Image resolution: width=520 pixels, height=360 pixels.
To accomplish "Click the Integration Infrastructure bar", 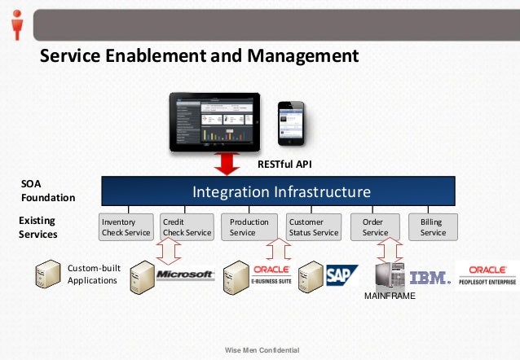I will point(281,192).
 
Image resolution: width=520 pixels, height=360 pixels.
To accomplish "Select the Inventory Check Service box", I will point(126,227).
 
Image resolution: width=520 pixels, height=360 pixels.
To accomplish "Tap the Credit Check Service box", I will point(187,227).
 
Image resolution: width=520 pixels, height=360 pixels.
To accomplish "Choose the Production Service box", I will point(250,227).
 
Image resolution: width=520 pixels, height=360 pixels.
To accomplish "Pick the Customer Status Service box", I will point(313,227).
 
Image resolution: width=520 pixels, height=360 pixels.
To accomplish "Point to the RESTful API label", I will point(284,165).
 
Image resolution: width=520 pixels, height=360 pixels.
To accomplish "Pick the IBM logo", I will point(430,277).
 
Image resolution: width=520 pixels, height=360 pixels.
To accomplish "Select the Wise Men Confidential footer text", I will point(262,350).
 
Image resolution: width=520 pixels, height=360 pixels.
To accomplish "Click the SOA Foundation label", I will point(48,191).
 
